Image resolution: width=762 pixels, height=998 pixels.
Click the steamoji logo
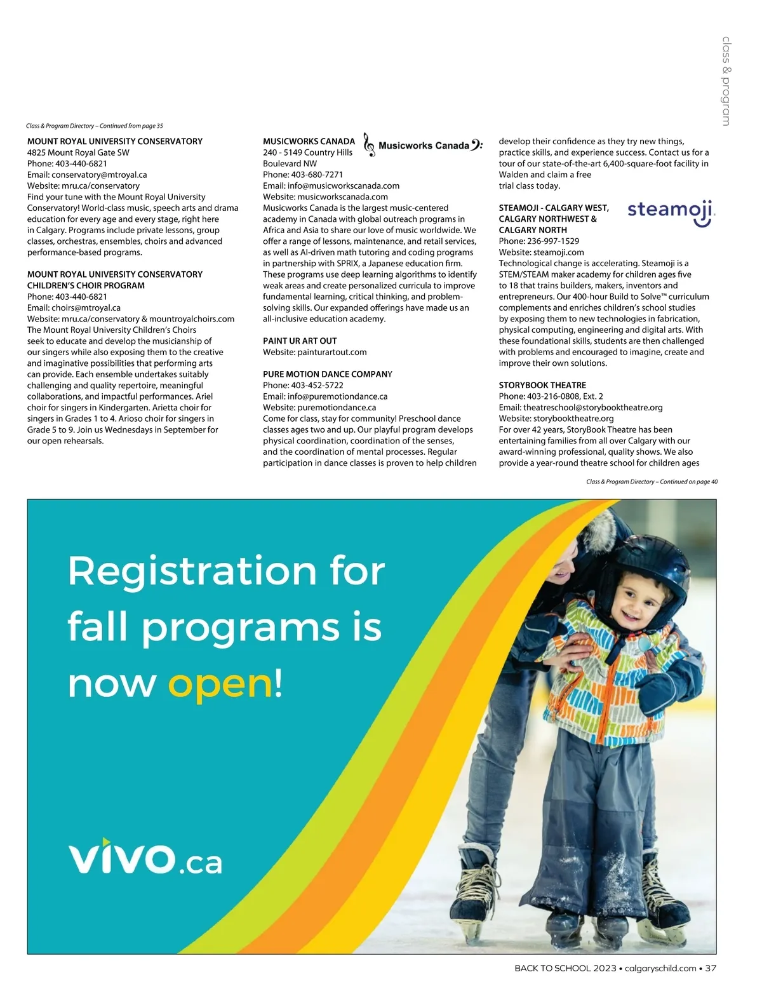click(x=671, y=213)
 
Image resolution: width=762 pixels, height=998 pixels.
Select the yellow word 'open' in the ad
click(x=220, y=685)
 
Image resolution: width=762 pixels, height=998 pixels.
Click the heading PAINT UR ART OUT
click(x=300, y=341)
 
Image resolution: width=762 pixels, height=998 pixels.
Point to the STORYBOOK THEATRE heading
click(x=542, y=386)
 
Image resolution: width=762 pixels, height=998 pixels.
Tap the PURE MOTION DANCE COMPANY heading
click(x=328, y=374)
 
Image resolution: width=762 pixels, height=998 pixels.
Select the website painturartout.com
click(x=331, y=352)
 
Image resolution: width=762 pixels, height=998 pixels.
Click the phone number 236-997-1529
click(x=553, y=241)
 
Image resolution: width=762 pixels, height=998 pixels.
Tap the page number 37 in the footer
click(x=711, y=968)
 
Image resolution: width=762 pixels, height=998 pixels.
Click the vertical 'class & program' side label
click(x=726, y=81)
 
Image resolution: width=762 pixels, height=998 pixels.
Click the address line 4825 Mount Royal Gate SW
click(x=78, y=152)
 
